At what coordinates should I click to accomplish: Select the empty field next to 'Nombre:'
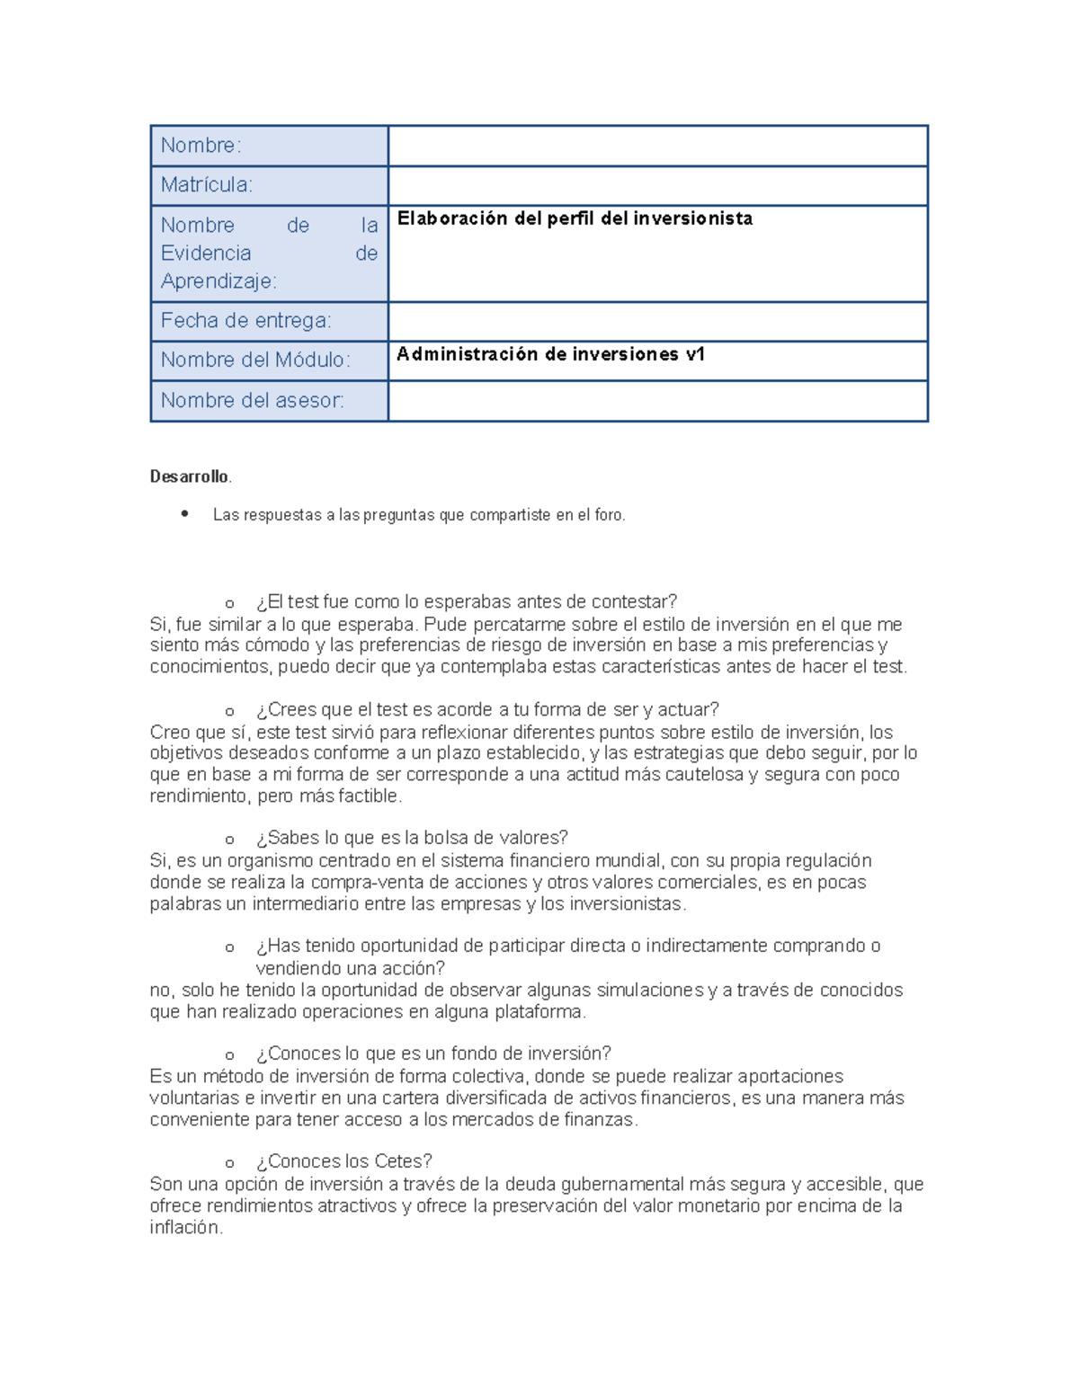pos(657,146)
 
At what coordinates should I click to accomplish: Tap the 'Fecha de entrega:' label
pos(245,321)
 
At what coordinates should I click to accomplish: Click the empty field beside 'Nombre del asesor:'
pos(657,401)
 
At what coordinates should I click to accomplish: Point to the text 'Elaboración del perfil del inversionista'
pos(575,218)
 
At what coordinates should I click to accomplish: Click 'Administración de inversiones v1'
pos(550,354)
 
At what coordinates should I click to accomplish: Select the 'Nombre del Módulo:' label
pos(255,360)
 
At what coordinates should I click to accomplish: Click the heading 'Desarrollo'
pos(189,476)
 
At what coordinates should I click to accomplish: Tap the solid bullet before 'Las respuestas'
pos(184,514)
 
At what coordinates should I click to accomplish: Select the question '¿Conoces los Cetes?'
pos(343,1161)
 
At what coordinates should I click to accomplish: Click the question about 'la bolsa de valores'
pos(412,838)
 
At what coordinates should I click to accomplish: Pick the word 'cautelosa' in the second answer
pos(703,775)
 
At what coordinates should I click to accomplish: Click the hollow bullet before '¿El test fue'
pos(230,603)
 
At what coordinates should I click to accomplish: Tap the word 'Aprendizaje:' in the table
pos(218,281)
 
